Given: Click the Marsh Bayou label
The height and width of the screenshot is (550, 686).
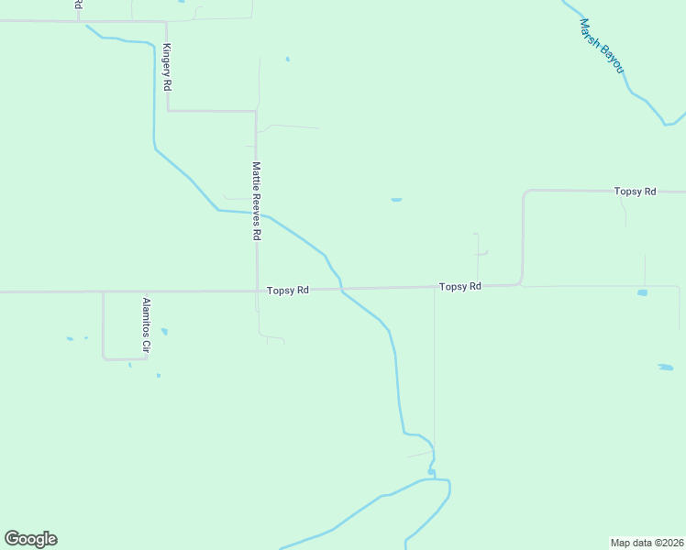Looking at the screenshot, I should pos(602,46).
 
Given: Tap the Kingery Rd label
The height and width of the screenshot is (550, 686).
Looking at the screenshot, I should pos(167,67).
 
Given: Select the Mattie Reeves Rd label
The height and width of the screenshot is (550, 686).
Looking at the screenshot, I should pos(257,201).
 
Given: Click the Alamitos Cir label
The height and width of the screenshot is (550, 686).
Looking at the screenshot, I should pos(145,326).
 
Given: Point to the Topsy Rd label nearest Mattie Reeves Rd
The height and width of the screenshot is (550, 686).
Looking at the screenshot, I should pos(288,290).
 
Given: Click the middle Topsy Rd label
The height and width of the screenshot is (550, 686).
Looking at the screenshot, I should pos(460,287).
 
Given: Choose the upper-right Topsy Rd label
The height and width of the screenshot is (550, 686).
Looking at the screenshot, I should pos(636,192).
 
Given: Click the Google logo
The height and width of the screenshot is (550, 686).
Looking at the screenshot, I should pos(31,539).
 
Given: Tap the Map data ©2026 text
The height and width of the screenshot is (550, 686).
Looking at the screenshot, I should pos(646,542).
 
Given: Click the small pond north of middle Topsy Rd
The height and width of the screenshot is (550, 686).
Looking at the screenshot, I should pos(396,199).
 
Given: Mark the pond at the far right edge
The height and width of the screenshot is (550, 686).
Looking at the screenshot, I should pos(665,368).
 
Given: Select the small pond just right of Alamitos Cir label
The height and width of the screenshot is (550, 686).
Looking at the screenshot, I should pos(164,331).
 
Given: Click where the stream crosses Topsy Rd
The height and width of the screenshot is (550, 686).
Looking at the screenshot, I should pos(342,289).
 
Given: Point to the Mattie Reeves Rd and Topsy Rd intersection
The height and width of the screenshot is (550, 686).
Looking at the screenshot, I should pos(256,291).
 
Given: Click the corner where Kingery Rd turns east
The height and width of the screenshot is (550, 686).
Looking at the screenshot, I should pos(168,111).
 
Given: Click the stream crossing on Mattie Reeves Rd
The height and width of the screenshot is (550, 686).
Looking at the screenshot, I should pos(257,213).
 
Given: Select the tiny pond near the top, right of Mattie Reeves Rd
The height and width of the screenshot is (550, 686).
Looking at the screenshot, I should pos(287,60).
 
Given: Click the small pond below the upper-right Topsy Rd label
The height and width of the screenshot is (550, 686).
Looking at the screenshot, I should pos(642,292).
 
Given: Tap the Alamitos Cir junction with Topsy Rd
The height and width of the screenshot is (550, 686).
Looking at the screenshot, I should pos(103,291).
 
